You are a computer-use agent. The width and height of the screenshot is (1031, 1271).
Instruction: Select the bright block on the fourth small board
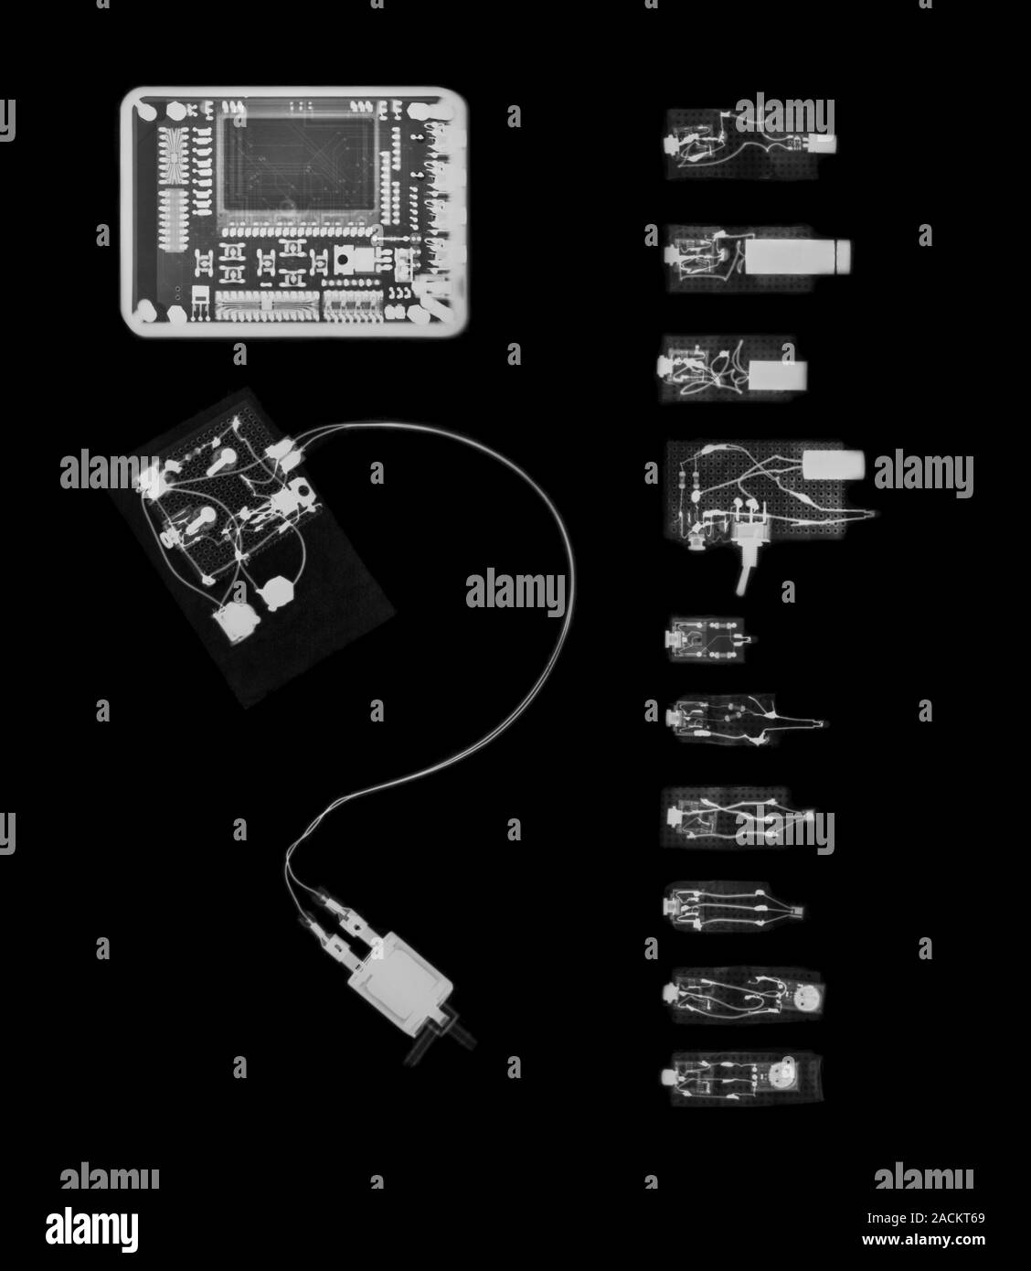[832, 464]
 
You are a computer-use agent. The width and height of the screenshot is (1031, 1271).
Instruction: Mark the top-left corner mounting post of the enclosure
[145, 112]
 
